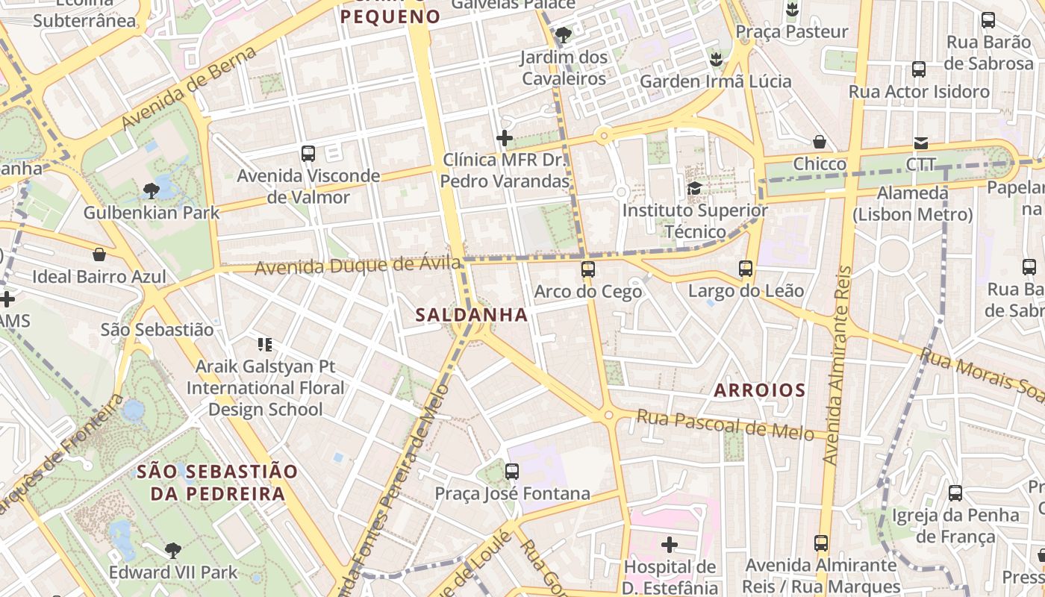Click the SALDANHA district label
471,315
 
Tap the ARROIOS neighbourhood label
759,390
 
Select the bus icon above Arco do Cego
588,269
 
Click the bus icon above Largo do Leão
745,269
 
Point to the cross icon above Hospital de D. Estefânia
670,545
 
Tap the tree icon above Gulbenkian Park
151,191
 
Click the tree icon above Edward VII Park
172,551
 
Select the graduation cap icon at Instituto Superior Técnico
694,188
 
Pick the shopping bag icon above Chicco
820,142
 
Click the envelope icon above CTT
921,143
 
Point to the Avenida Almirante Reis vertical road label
836,366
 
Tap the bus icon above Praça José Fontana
511,472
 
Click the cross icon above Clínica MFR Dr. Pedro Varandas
505,138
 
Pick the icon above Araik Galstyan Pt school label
264,345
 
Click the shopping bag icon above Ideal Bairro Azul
99,254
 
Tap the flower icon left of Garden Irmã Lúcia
716,59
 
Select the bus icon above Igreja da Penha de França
955,493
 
